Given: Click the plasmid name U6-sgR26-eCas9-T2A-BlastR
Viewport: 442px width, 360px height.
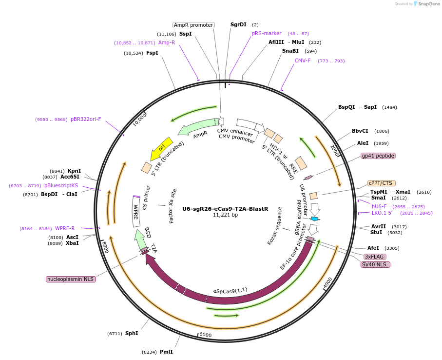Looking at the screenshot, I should (225, 209).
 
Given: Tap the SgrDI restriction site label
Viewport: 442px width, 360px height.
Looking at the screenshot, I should (238, 24).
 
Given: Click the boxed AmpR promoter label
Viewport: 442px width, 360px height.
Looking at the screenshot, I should (193, 25).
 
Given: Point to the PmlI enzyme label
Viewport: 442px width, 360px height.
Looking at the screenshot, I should (166, 352).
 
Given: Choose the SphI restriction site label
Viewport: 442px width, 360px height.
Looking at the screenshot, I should (132, 333).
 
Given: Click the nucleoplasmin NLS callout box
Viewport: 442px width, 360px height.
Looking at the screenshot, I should (71, 279).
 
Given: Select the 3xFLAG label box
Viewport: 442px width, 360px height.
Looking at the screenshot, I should (375, 257).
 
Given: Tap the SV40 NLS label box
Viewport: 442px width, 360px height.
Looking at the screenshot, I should (375, 264).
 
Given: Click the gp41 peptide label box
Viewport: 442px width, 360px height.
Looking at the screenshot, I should (378, 156).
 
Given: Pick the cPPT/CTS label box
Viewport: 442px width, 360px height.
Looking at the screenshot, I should (381, 183).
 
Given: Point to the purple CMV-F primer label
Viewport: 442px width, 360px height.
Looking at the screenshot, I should (303, 61).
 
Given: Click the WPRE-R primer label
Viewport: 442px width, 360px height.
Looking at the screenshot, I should (65, 228).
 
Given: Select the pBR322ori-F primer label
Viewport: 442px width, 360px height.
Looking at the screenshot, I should (86, 119).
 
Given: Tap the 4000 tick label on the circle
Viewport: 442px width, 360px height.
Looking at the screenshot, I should (327, 282).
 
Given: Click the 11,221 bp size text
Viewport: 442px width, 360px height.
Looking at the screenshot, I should (225, 215).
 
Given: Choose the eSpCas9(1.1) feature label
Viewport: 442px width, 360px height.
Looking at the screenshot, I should (230, 291).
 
